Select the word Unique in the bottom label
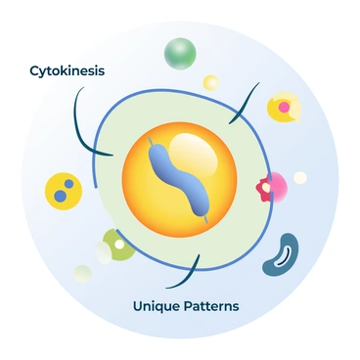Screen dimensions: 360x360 pos(157,306)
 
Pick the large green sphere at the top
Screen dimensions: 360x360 pos(181,53)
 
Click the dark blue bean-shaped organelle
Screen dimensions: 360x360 pos(281,252)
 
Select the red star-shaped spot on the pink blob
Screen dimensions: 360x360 pos(263,186)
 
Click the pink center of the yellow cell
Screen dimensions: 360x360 pos(283,104)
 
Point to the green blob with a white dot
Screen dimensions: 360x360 pos(117,244)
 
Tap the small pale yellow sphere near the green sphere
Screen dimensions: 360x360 pos(210,82)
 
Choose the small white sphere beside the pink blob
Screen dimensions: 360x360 pos(300,177)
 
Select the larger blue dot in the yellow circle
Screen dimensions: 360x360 pos(62,196)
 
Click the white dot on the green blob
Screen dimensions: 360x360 pos(119,243)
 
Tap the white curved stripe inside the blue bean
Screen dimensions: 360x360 pos(286,255)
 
